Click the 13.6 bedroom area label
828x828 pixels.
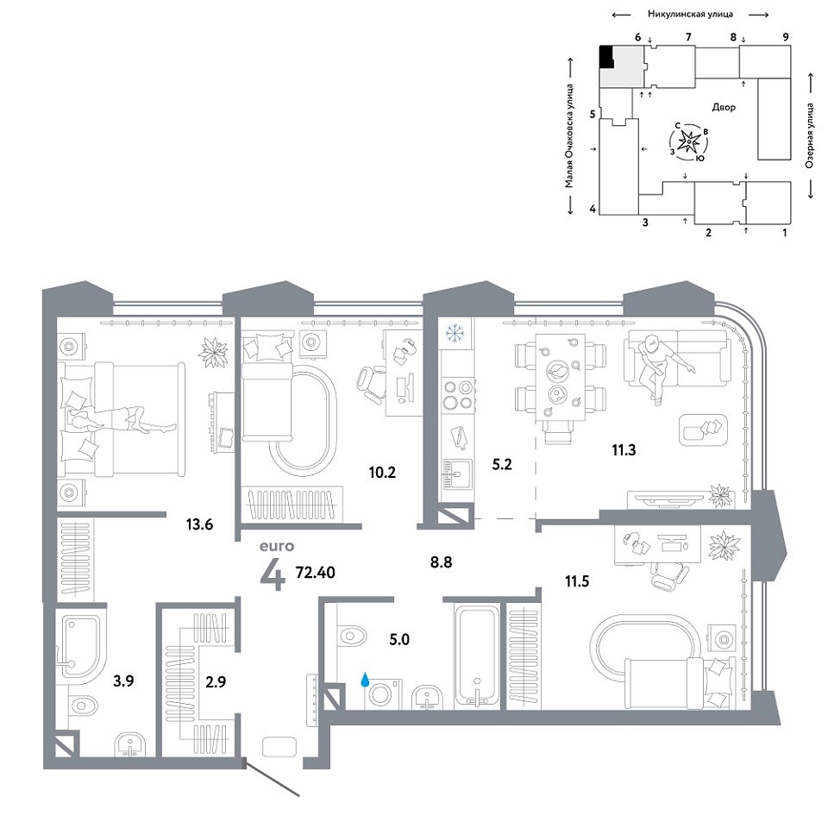coord(199,524)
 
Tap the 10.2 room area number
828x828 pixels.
coord(382,472)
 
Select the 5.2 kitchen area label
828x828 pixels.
coord(502,464)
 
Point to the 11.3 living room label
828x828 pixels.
coord(624,450)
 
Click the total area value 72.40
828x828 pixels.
coord(316,573)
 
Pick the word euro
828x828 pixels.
coord(277,546)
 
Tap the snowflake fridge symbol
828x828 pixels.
coord(455,333)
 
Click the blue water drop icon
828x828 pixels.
coord(365,680)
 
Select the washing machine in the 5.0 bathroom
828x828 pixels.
coord(383,694)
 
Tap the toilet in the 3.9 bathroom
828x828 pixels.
coord(83,705)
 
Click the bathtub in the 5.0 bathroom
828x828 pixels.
coord(477,656)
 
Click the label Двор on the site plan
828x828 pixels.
coord(724,107)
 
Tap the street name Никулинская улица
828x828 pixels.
coord(690,15)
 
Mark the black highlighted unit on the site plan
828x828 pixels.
coord(606,57)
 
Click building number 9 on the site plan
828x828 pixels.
coord(786,37)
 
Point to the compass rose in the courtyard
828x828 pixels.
coord(689,141)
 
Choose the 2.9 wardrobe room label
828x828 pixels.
coord(216,681)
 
